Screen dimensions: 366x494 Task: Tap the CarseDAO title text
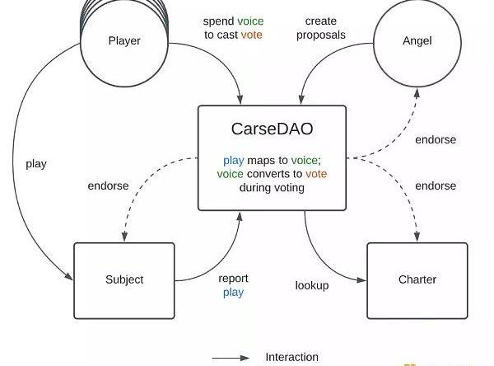pyautogui.click(x=260, y=129)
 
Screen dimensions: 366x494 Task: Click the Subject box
pyautogui.click(x=124, y=279)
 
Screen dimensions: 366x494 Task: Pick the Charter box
pyautogui.click(x=417, y=279)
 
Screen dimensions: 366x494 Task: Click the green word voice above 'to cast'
pyautogui.click(x=250, y=21)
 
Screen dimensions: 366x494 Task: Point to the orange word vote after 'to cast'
pyautogui.click(x=252, y=35)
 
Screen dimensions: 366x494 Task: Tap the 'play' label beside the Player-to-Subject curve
pyautogui.click(x=36, y=163)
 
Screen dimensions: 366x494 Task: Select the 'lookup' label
pyautogui.click(x=312, y=285)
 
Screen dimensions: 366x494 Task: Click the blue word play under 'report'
pyautogui.click(x=233, y=293)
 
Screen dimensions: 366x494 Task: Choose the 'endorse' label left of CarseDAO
pyautogui.click(x=108, y=185)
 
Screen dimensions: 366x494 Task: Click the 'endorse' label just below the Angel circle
pyautogui.click(x=436, y=140)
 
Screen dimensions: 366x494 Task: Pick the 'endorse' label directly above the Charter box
pyautogui.click(x=436, y=185)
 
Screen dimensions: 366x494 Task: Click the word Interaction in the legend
pyautogui.click(x=291, y=357)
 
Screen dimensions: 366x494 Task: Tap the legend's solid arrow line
pyautogui.click(x=230, y=358)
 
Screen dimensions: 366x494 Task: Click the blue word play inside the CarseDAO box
pyautogui.click(x=233, y=159)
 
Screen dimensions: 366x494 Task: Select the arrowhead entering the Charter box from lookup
pyautogui.click(x=363, y=279)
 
